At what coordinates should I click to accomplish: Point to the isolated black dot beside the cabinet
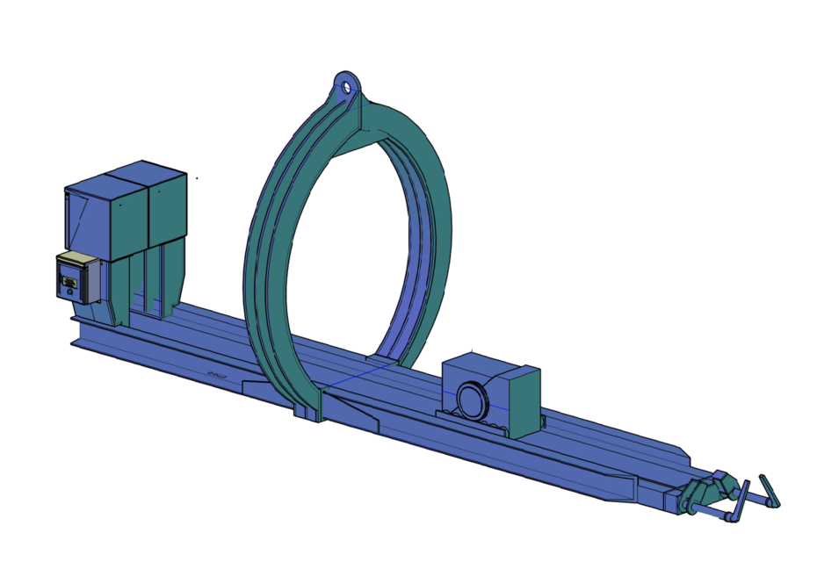pyautogui.click(x=197, y=178)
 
